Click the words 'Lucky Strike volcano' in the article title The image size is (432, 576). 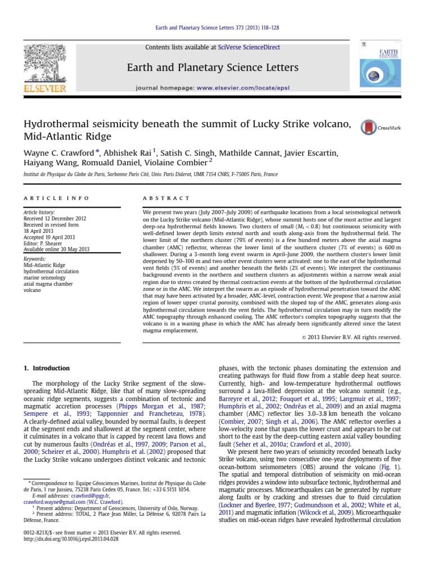(303, 124)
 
